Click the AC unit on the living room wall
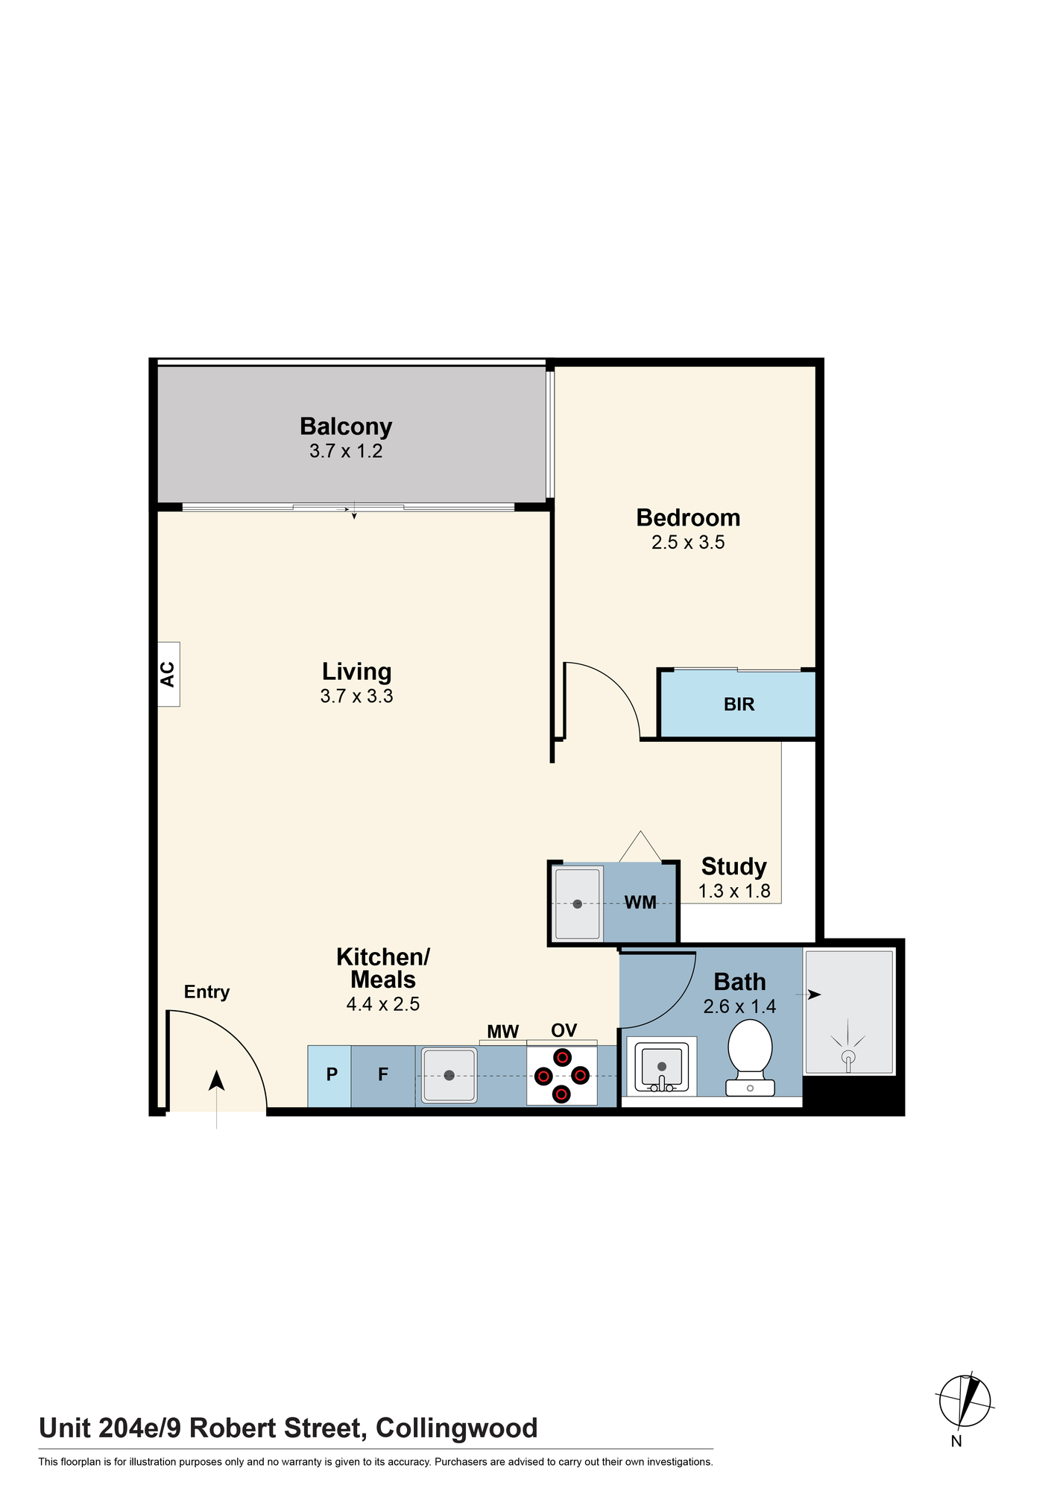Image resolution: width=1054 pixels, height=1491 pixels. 168,674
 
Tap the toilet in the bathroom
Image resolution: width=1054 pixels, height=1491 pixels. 750,1058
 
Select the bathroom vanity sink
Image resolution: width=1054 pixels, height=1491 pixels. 661,1067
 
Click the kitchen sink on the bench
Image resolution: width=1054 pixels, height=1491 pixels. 449,1075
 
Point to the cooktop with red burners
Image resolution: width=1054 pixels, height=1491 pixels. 562,1076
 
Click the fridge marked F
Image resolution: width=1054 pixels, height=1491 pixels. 383,1076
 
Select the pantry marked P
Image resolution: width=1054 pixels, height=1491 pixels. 329,1076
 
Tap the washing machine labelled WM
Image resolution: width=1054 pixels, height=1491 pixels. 640,903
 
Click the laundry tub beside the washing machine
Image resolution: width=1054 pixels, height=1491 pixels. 578,904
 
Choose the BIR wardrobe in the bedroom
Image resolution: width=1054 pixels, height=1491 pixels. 739,704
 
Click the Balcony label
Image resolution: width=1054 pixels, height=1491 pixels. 346,426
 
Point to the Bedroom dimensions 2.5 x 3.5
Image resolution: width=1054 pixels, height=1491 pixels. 688,543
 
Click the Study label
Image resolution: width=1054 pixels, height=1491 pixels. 734,866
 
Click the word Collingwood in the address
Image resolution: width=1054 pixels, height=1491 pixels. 457,1428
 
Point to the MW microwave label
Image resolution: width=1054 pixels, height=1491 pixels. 503,1032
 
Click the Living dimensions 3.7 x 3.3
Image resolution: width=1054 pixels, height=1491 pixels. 357,696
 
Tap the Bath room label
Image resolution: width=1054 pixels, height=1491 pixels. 739,982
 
